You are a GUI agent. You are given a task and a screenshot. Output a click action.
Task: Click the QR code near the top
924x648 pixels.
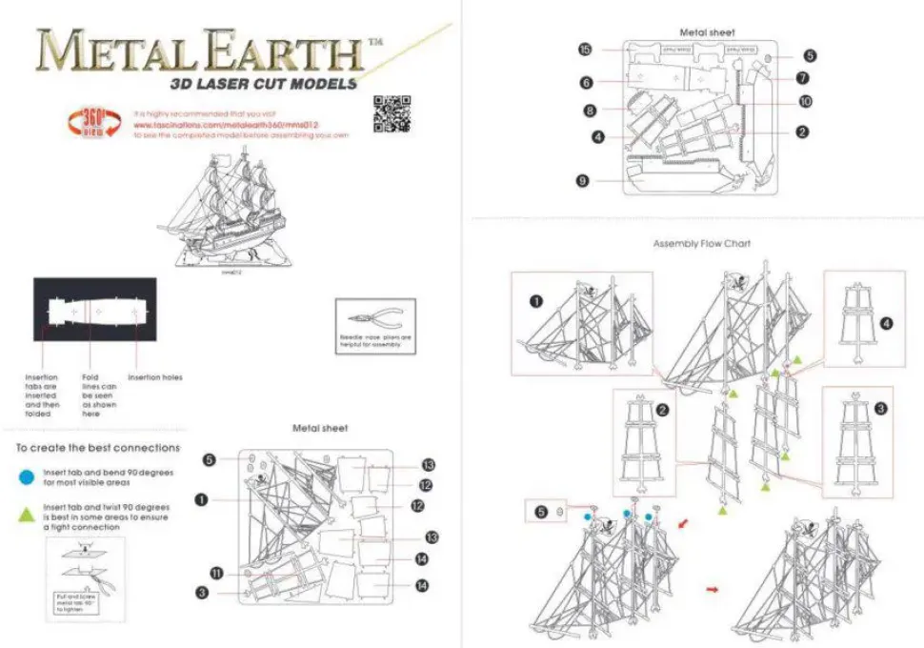[392, 113]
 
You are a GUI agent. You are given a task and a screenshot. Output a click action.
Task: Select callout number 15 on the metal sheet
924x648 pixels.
[586, 49]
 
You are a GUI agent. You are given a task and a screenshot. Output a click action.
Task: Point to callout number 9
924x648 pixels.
[582, 179]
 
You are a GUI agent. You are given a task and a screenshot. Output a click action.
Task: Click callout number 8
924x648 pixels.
[591, 111]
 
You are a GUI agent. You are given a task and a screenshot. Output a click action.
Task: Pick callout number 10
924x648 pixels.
[805, 100]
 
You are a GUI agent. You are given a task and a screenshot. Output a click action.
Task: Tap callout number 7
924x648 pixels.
[803, 78]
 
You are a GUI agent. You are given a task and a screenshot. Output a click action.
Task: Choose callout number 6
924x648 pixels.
[587, 83]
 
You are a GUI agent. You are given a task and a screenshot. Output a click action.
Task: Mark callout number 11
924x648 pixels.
[216, 573]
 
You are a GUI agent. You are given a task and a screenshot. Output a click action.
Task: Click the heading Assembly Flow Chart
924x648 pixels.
[701, 244]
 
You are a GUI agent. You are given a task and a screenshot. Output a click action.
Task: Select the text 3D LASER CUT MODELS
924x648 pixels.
[263, 83]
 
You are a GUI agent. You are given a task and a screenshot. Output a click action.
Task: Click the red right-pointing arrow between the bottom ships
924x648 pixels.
[713, 589]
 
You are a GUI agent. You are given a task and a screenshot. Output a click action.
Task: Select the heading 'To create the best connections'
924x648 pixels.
[98, 447]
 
